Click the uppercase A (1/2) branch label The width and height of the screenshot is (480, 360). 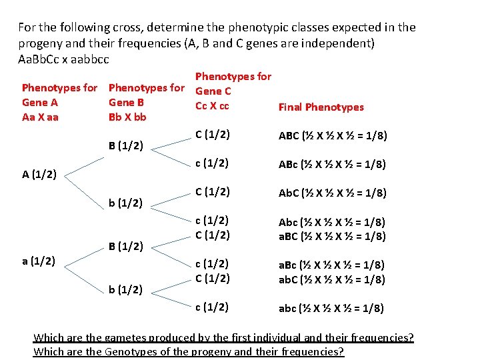[x=38, y=175]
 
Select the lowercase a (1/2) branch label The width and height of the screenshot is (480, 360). [x=38, y=260]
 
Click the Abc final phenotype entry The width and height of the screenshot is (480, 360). [x=332, y=222]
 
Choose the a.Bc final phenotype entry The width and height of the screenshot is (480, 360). [x=332, y=265]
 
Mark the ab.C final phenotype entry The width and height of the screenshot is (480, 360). [x=332, y=279]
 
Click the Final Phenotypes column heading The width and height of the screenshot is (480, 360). [x=321, y=107]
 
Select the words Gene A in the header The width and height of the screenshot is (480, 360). [x=40, y=103]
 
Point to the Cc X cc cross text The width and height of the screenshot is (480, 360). [x=212, y=105]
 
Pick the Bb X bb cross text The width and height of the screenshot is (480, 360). [x=127, y=117]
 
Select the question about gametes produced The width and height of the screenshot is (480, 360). [x=223, y=338]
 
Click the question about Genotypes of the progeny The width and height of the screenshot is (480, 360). [x=189, y=351]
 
